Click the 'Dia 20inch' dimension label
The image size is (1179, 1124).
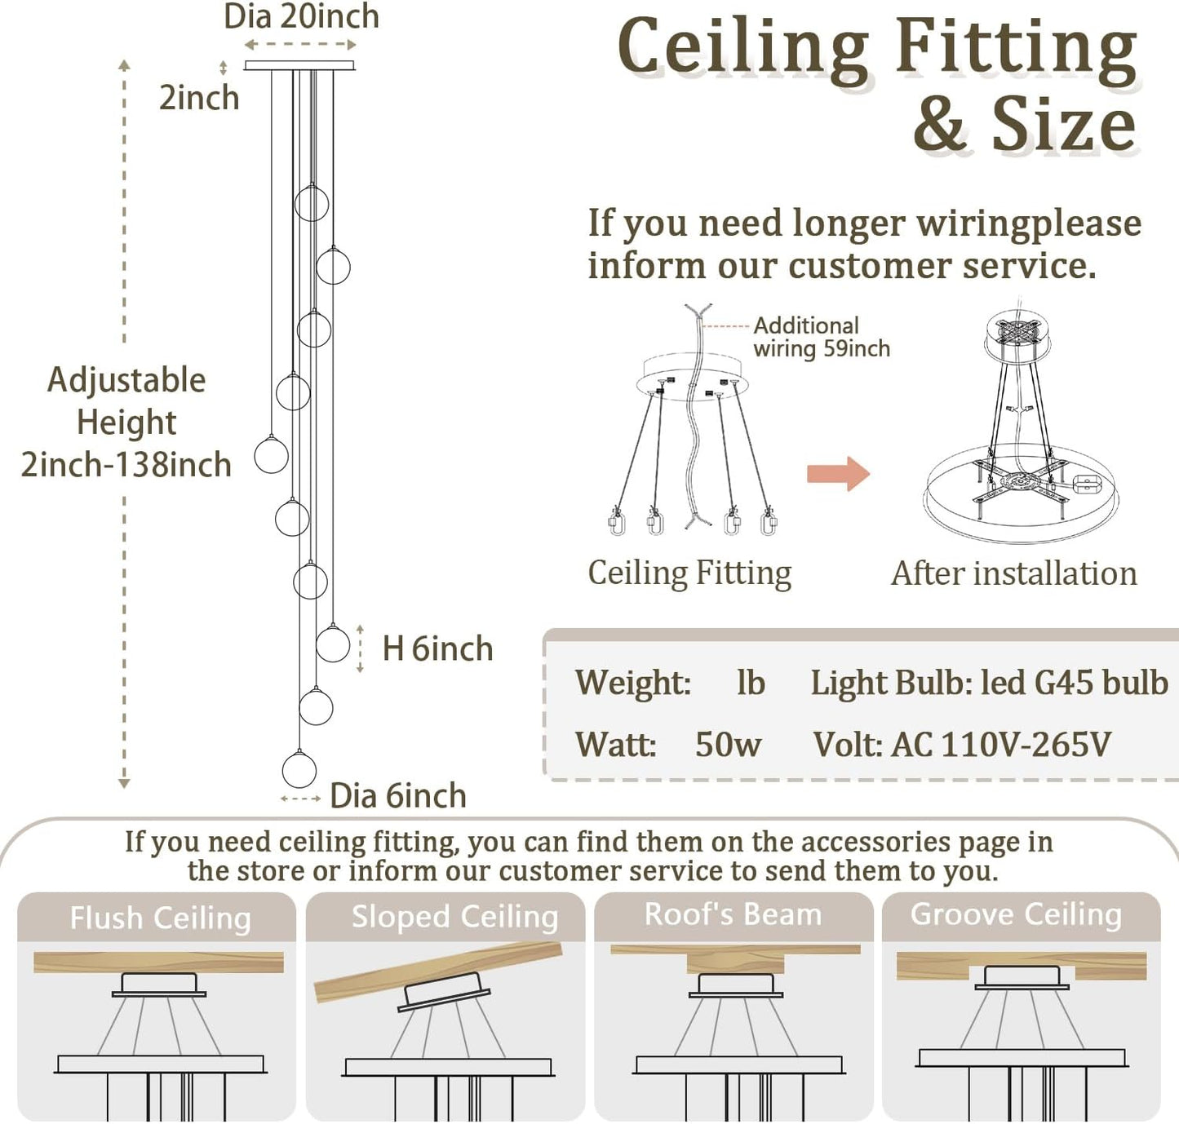301,16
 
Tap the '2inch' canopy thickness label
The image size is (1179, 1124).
199,98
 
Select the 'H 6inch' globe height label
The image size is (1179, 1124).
437,649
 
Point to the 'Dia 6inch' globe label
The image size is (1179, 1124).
397,796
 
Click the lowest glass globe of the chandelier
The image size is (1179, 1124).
299,770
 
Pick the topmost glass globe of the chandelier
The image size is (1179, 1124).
312,203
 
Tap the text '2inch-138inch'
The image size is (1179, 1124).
126,465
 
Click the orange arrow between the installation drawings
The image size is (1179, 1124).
838,474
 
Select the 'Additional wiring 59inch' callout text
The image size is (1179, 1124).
821,337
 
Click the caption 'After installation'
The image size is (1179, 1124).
1013,573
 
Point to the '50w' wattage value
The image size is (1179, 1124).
728,745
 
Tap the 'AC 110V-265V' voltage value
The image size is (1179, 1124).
1002,745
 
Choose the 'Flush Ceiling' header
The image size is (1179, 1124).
160,918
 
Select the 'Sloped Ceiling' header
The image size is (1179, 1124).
454,917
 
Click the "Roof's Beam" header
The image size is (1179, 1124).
733,915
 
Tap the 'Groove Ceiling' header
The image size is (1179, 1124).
1016,915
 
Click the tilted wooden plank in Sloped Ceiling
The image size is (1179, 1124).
438,971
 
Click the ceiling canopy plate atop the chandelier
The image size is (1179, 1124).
299,65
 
